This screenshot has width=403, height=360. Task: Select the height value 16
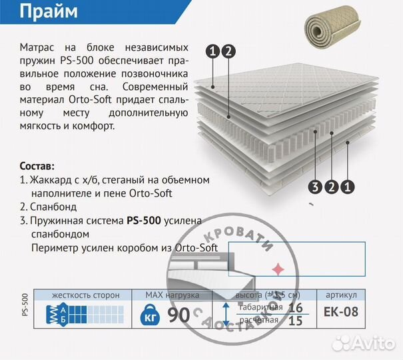pyautogui.click(x=296, y=307)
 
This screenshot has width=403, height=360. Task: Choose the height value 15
pyautogui.click(x=296, y=321)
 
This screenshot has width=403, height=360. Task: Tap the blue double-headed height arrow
pyautogui.click(x=226, y=314)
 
